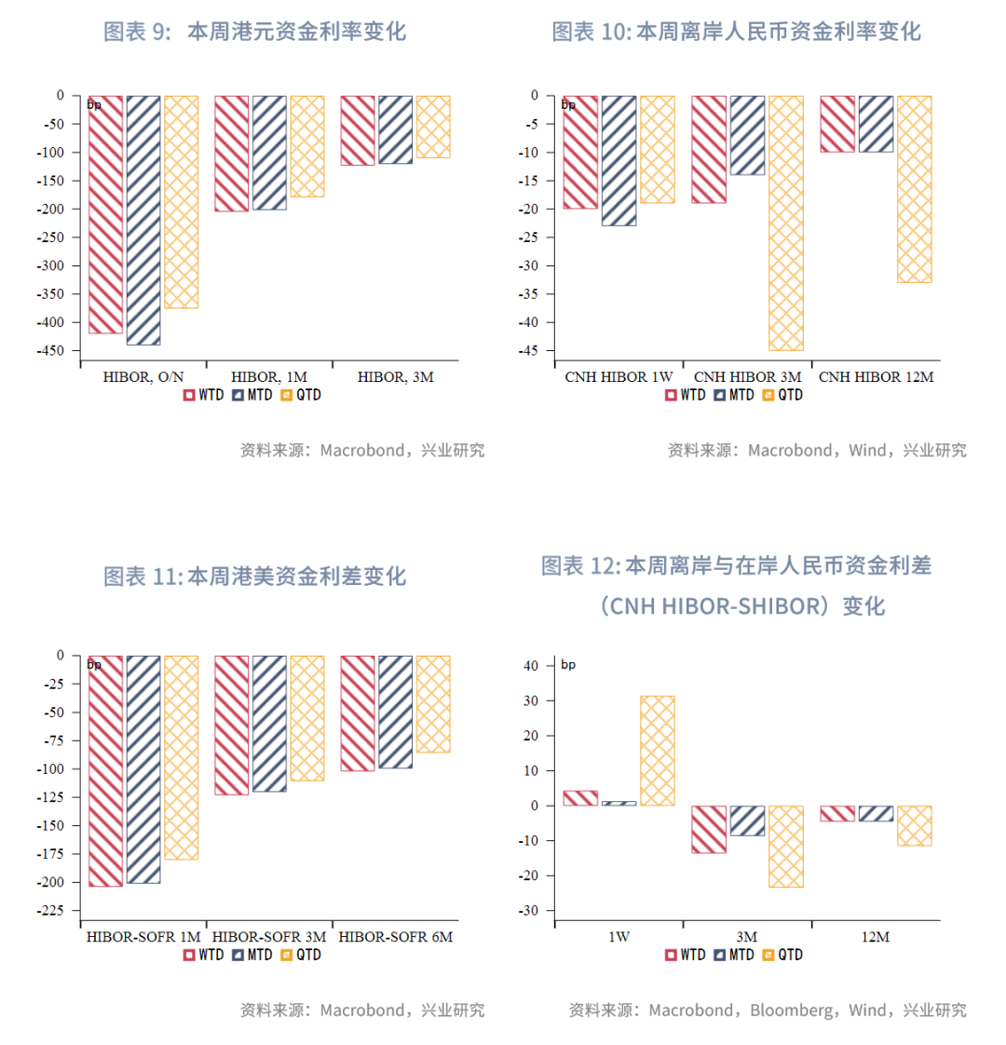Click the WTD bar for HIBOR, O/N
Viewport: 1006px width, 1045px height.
106,214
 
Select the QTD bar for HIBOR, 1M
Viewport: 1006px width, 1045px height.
307,146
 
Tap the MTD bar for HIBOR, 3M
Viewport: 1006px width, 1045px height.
395,129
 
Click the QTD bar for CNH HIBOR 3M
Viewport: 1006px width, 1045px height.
785,223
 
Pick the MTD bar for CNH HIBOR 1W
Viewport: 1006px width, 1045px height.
619,160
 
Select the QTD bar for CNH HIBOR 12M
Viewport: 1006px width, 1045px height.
914,189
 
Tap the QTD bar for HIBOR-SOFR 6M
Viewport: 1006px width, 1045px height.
433,704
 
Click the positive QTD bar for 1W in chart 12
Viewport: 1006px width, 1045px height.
658,751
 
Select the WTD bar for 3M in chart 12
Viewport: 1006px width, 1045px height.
709,829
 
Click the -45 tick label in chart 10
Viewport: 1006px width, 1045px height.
527,351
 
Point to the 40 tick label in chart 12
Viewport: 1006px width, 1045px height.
532,666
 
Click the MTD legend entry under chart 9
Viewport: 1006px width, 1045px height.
252,395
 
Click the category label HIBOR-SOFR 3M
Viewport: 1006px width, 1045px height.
270,937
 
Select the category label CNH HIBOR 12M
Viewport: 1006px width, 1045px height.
876,377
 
